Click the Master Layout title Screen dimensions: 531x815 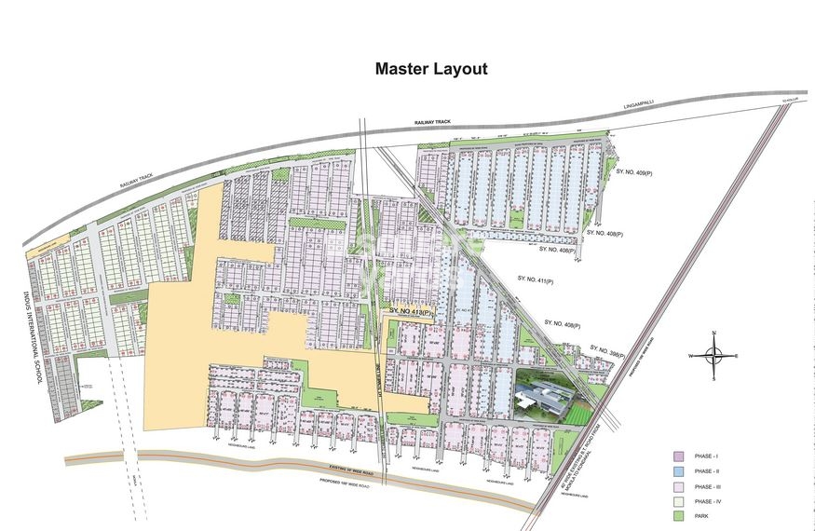430,69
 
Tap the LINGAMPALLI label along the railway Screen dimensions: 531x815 640,104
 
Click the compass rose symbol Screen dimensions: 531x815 713,356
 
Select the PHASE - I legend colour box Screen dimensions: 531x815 679,456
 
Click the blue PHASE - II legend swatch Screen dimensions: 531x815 679,472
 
